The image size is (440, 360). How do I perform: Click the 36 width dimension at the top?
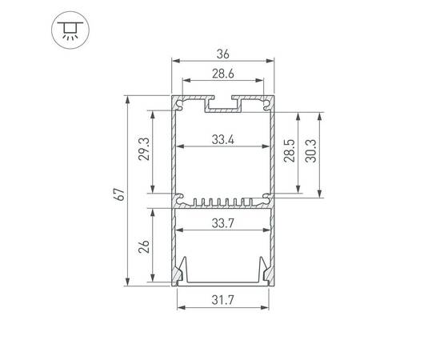point(222,54)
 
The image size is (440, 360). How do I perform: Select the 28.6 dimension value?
point(222,74)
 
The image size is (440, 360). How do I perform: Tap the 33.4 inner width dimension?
point(222,140)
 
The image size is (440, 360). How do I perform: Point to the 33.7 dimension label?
point(222,225)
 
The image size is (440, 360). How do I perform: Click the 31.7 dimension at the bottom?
point(222,301)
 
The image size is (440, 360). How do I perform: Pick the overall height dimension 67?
point(119,194)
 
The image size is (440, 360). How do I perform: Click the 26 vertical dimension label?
point(144,246)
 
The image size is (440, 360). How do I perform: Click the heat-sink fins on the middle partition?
point(222,201)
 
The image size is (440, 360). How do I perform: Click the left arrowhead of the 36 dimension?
point(174,62)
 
